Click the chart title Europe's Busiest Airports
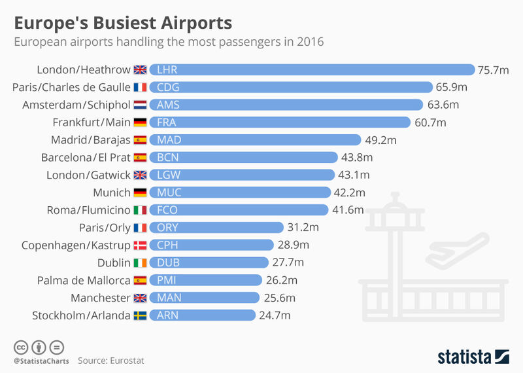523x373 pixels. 123,23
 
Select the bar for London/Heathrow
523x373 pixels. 312,70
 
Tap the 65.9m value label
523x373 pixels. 451,87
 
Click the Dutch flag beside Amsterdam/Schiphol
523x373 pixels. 140,105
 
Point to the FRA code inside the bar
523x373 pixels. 167,122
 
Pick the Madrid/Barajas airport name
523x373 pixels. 90,140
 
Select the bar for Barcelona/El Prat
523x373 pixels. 243,157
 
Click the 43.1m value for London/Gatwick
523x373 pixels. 354,175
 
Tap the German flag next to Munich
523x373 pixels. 140,192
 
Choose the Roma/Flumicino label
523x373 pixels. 88,210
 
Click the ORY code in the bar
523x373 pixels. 167,228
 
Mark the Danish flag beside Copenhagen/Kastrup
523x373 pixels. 140,245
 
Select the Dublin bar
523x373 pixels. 209,262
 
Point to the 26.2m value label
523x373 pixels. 282,280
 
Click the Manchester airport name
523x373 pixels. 101,298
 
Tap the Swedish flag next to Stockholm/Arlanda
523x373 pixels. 140,315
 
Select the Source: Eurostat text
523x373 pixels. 111,361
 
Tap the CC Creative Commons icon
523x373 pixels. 21,347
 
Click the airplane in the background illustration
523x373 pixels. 458,251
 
